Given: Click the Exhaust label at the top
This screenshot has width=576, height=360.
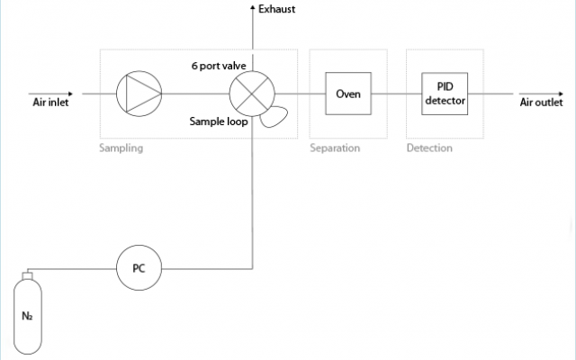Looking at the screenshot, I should point(276,10).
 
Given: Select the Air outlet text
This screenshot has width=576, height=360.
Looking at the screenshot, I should point(541,102).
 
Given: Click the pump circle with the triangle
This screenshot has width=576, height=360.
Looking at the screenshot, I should point(139,92).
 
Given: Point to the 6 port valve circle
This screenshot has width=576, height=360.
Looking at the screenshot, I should point(251,92).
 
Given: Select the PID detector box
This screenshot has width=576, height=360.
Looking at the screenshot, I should point(444,93).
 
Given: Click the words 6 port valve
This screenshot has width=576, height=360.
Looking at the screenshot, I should point(219,66).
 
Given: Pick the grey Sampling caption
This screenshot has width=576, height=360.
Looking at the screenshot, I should point(121,148).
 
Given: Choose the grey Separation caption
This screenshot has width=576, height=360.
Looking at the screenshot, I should point(335,148).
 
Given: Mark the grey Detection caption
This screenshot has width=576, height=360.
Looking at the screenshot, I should point(429,148).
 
